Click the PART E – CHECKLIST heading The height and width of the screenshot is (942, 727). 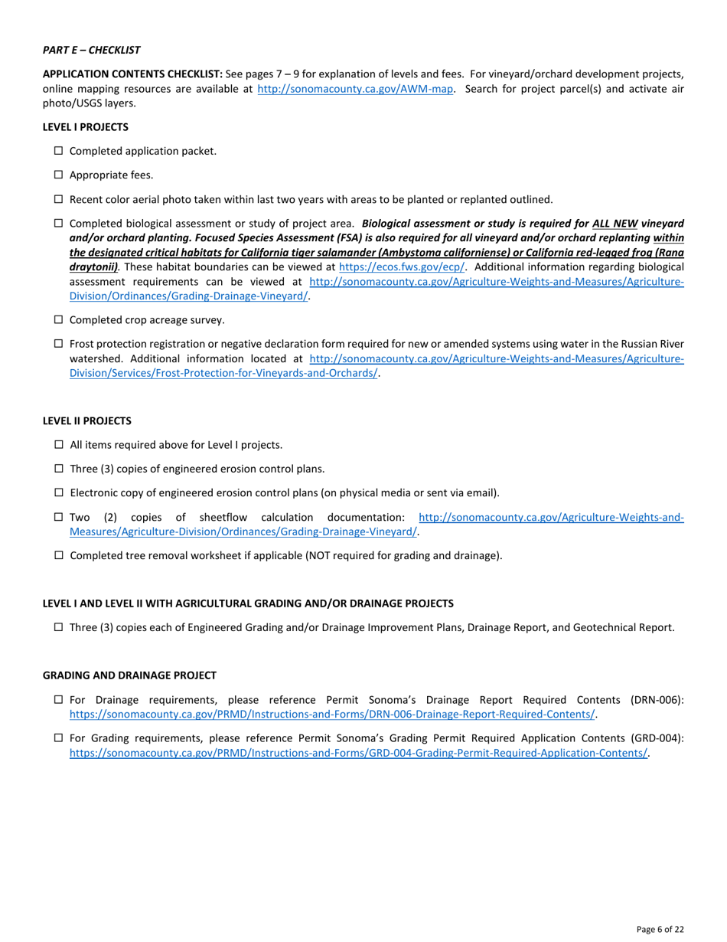[x=91, y=50]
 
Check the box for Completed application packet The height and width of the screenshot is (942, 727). [x=59, y=151]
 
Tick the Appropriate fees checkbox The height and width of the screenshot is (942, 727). [x=59, y=175]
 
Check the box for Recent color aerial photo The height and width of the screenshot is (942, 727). [x=59, y=199]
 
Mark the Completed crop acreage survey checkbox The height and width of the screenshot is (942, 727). [x=59, y=319]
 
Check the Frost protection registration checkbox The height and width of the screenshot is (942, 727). [x=59, y=344]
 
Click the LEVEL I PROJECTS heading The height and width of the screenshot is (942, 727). [x=85, y=126]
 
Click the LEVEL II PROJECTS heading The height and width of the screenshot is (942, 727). [x=86, y=420]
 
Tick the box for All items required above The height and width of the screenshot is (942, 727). [x=59, y=444]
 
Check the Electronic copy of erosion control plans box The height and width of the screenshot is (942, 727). [x=59, y=492]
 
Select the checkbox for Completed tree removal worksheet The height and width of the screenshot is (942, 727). [x=59, y=555]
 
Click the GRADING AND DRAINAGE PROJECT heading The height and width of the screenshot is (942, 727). [x=129, y=675]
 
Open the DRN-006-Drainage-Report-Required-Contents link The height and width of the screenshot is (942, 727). [x=332, y=714]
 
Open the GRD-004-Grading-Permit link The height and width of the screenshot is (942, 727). [x=358, y=753]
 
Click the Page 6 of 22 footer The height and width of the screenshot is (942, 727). [x=660, y=929]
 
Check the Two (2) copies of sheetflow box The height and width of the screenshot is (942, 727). [x=59, y=517]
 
